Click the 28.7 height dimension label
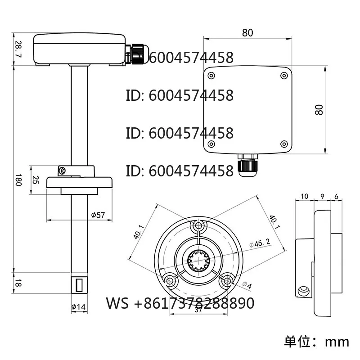[x=18, y=49]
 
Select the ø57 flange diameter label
[x=98, y=215]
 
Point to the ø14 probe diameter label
[x=78, y=307]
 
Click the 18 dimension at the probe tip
[x=18, y=283]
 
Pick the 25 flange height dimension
[x=35, y=180]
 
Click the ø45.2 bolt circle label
[x=260, y=243]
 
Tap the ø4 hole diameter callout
[x=247, y=285]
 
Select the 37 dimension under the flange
[x=198, y=310]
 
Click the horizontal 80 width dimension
[x=247, y=33]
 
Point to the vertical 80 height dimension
[x=319, y=110]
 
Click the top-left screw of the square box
[x=211, y=76]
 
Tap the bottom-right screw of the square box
[x=284, y=144]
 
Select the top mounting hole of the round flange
[x=198, y=225]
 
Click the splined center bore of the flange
[x=198, y=260]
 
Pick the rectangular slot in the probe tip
[x=79, y=285]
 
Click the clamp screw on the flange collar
[x=62, y=171]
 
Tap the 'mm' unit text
[x=337, y=342]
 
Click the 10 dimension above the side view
[x=304, y=197]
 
